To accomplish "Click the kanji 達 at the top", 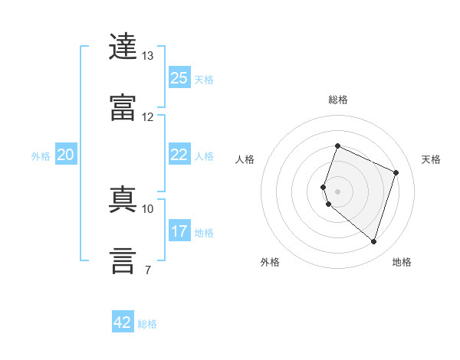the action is pyautogui.click(x=123, y=46).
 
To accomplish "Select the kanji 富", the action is pyautogui.click(x=123, y=107).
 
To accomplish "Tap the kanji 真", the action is pyautogui.click(x=123, y=199).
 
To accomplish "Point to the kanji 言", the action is pyautogui.click(x=123, y=260).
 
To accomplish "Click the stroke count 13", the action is pyautogui.click(x=147, y=56).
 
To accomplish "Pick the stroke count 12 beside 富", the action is pyautogui.click(x=147, y=117).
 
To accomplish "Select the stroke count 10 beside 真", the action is pyautogui.click(x=147, y=209).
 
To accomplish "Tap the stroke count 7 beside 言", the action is pyautogui.click(x=148, y=270).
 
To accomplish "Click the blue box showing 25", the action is pyautogui.click(x=179, y=77).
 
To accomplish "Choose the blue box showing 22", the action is pyautogui.click(x=179, y=154).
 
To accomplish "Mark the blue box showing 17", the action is pyautogui.click(x=179, y=230).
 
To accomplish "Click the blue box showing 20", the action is pyautogui.click(x=66, y=154).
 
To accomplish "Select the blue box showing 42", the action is pyautogui.click(x=123, y=321).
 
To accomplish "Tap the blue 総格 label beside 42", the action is pyautogui.click(x=147, y=324).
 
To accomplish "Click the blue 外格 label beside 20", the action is pyautogui.click(x=41, y=156).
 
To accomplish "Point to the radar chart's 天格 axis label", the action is pyautogui.click(x=431, y=159).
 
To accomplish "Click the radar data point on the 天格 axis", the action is pyautogui.click(x=396, y=172).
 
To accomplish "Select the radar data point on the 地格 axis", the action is pyautogui.click(x=373, y=241).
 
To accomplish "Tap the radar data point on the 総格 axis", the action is pyautogui.click(x=337, y=146).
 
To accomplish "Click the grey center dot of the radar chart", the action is pyautogui.click(x=337, y=191).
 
